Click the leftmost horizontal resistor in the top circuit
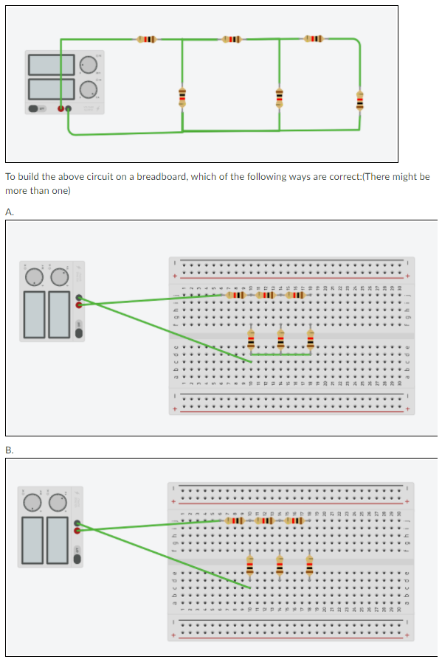[x=146, y=39]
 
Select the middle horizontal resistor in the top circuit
[x=231, y=38]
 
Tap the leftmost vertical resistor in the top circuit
[x=182, y=97]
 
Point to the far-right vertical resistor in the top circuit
[x=359, y=100]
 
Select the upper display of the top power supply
[x=52, y=65]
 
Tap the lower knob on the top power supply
[x=89, y=89]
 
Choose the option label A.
[x=9, y=212]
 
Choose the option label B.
[x=9, y=450]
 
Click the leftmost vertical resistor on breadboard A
[x=252, y=340]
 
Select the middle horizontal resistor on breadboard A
[x=266, y=296]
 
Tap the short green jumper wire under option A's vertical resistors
[x=280, y=355]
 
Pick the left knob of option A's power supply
[x=34, y=277]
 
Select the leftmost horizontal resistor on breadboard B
[x=235, y=520]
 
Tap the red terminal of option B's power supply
[x=77, y=529]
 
